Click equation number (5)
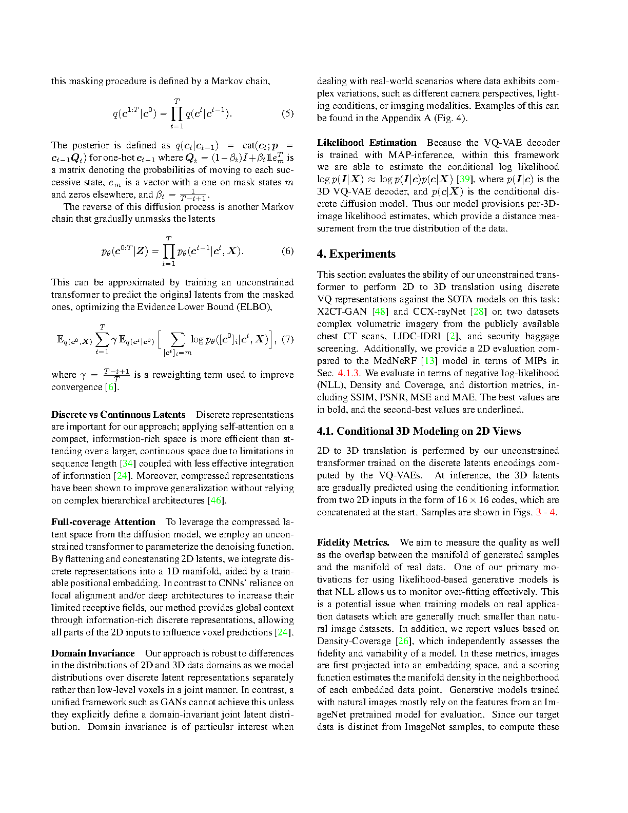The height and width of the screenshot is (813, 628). (x=287, y=113)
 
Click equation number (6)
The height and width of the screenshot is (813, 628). (x=287, y=251)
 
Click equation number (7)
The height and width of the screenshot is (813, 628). (x=287, y=339)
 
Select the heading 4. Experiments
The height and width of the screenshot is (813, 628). (x=356, y=254)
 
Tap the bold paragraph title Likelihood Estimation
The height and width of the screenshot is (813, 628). (x=366, y=143)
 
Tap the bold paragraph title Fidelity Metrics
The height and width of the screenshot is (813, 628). (x=353, y=543)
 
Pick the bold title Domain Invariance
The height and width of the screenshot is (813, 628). (x=93, y=653)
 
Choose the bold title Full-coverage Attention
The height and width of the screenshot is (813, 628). (x=103, y=522)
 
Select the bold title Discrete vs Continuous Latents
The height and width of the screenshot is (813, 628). (x=118, y=415)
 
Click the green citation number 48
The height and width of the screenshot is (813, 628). (x=380, y=312)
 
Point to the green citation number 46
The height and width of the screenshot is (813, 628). (x=216, y=500)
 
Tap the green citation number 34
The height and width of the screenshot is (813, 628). (x=128, y=463)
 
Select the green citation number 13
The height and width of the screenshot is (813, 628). (x=429, y=361)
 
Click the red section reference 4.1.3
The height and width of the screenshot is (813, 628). (x=348, y=373)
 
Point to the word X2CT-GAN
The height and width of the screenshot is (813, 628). (x=342, y=312)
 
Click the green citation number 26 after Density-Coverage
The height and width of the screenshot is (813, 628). (x=403, y=641)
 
